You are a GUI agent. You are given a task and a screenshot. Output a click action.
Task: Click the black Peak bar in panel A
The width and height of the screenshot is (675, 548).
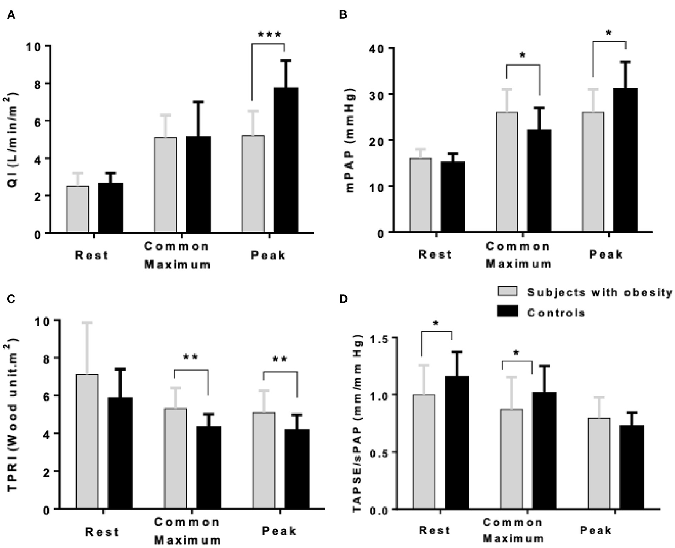[x=286, y=160]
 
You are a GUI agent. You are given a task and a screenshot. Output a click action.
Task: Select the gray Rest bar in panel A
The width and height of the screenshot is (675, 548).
[x=78, y=209]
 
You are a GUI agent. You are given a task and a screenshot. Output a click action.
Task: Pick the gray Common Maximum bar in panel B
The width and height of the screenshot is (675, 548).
[x=507, y=171]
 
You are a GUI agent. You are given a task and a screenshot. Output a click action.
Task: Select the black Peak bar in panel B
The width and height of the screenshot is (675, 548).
[x=625, y=160]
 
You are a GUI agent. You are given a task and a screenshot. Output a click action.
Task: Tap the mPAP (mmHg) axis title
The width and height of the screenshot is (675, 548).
[x=351, y=140]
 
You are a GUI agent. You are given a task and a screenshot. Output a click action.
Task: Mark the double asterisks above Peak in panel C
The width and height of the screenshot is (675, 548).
[x=280, y=359]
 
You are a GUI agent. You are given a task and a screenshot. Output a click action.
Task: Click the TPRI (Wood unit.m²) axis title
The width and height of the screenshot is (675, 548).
[x=13, y=415]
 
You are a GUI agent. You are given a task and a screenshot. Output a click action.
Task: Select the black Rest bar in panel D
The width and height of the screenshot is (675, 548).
[x=457, y=442]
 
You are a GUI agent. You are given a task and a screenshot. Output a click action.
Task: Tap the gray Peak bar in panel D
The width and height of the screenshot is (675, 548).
[x=599, y=463]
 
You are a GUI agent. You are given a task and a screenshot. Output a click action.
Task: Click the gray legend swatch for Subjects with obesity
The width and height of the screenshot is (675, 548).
[x=507, y=291]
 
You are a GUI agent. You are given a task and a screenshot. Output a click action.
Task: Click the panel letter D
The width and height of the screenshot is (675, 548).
[x=343, y=299]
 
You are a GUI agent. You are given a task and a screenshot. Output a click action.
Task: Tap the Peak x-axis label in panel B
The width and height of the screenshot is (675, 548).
[x=606, y=254]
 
